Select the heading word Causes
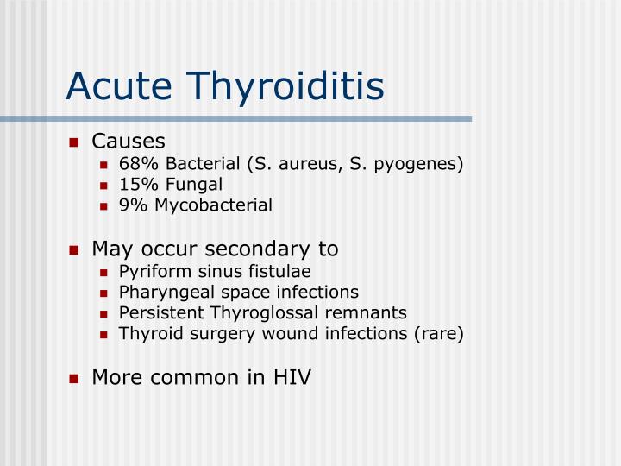click(129, 141)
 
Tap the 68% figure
click(135, 163)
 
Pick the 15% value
click(135, 184)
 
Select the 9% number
click(131, 205)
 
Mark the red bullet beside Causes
click(74, 142)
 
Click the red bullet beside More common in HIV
click(74, 378)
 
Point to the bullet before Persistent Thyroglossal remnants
click(103, 313)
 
